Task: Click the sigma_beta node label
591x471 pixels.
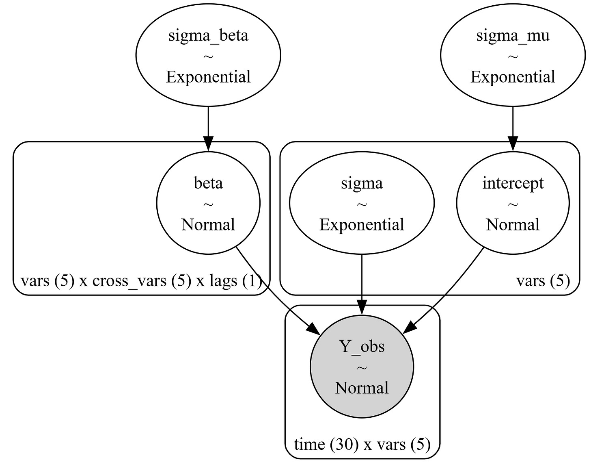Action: [x=208, y=35]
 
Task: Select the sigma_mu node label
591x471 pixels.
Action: [x=513, y=35]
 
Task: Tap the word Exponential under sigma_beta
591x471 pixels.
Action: [x=208, y=77]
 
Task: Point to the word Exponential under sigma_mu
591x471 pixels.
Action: [x=513, y=77]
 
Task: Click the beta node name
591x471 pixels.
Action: [x=208, y=183]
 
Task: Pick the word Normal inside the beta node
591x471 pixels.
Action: [x=208, y=225]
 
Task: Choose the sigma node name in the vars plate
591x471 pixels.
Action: [x=362, y=183]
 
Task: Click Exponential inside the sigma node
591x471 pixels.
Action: [x=362, y=225]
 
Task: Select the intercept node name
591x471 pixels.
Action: [x=513, y=183]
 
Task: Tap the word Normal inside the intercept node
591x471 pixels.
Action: [x=513, y=225]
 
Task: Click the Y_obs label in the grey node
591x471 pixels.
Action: [x=362, y=347]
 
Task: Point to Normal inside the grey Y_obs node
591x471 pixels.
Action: [x=362, y=388]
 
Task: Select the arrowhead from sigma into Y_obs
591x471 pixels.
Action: [x=362, y=308]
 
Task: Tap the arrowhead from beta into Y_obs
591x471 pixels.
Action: [x=314, y=329]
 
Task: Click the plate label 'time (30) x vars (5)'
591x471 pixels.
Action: [x=362, y=445]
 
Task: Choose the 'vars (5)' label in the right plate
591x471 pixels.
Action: [x=543, y=281]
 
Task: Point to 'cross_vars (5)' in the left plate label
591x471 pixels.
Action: [x=142, y=281]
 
